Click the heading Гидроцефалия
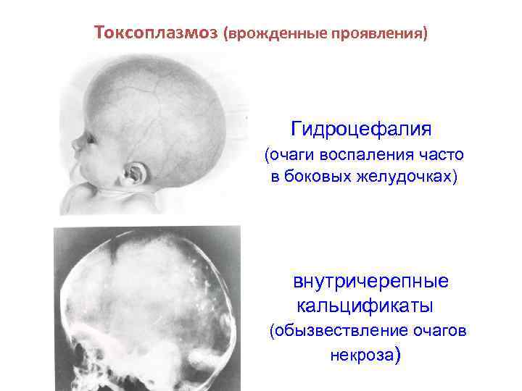pos(361,130)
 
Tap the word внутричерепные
pos(370,280)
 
